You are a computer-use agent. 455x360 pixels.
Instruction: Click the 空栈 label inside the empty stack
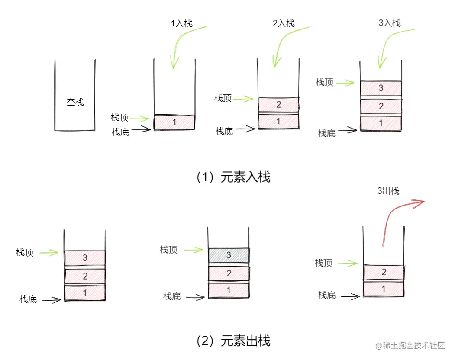click(x=75, y=103)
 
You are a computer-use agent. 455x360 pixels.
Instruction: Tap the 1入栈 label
click(x=182, y=24)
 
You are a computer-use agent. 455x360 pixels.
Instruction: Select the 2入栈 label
click(x=284, y=24)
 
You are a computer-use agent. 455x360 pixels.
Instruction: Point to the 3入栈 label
click(x=390, y=23)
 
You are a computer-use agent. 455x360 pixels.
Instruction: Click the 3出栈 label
click(x=388, y=191)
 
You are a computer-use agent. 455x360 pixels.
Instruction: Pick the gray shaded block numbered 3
click(x=229, y=255)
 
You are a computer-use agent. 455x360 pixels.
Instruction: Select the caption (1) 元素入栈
click(x=234, y=177)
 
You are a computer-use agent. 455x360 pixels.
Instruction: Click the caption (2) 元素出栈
click(x=234, y=341)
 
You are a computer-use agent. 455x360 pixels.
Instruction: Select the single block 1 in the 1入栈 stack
click(x=174, y=122)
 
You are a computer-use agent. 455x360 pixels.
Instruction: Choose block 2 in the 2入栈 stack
click(x=278, y=104)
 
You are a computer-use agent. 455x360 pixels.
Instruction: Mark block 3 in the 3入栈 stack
click(x=381, y=88)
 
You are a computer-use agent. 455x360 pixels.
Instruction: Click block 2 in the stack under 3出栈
click(x=384, y=272)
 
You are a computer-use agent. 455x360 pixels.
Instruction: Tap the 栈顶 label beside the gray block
click(x=169, y=250)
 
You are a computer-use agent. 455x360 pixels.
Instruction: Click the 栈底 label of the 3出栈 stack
click(x=327, y=295)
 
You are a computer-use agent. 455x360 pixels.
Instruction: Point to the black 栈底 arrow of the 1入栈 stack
click(x=141, y=129)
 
